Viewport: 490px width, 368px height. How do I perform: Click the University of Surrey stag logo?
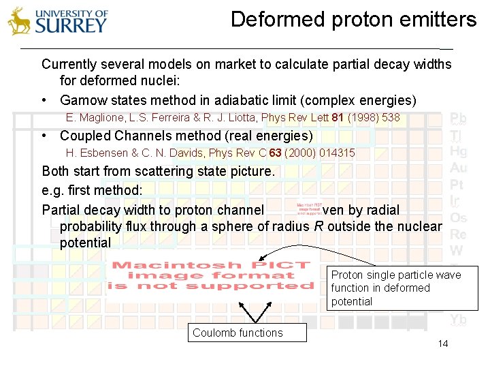coord(20,21)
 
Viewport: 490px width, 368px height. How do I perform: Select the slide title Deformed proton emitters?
coord(353,19)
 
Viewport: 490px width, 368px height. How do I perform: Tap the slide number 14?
coord(443,343)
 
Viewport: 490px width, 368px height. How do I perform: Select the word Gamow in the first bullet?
coord(82,100)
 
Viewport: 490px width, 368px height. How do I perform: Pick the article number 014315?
coord(333,153)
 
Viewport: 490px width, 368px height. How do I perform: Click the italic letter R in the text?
coord(318,226)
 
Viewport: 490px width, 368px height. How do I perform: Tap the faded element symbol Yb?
coord(458,319)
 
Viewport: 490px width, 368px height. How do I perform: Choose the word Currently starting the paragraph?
coord(69,64)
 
